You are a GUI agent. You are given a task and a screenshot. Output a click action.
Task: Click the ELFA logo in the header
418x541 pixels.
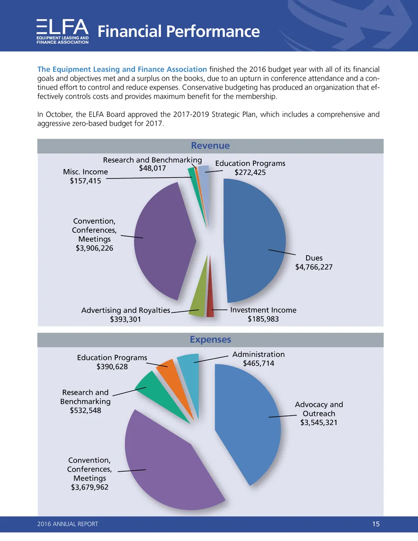[x=62, y=31]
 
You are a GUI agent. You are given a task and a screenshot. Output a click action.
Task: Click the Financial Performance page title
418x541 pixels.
[x=178, y=31]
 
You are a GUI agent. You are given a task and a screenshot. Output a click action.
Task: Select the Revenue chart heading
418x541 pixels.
[x=210, y=146]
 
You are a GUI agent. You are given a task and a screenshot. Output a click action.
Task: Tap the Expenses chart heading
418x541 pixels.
[x=210, y=340]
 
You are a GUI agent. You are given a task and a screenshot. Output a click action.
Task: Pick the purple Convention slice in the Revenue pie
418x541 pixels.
[x=163, y=241]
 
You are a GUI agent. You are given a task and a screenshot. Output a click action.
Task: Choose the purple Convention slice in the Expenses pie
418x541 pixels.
[x=171, y=470]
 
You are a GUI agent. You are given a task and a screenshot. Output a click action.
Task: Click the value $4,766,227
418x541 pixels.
[x=314, y=267]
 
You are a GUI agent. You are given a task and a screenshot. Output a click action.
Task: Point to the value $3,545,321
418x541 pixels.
[x=319, y=423]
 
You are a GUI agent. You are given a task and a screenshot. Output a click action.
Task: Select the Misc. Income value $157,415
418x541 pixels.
[x=85, y=181]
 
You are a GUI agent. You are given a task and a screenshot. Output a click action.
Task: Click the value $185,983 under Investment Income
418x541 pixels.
[x=263, y=319]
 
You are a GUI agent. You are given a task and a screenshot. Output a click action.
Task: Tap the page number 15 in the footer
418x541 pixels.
[x=376, y=524]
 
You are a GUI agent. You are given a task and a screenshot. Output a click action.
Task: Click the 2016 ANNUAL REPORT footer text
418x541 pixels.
[x=68, y=524]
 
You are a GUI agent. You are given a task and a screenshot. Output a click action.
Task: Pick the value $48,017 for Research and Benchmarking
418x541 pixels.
[x=152, y=168]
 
